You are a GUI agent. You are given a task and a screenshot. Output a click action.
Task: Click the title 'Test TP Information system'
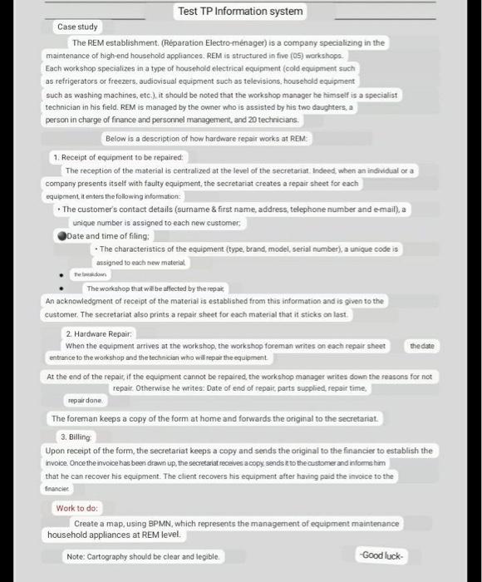[x=241, y=12]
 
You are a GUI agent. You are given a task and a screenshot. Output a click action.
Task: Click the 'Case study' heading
[x=77, y=27]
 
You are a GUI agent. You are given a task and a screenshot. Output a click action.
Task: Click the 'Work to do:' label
[x=77, y=508]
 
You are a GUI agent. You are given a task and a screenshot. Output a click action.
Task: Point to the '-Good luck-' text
[x=381, y=555]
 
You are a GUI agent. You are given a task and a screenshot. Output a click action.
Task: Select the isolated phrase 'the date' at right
[x=422, y=345]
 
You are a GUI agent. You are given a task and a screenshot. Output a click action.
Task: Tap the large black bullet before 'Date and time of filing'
[x=61, y=235]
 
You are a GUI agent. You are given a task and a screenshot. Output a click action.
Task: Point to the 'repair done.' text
[x=85, y=400]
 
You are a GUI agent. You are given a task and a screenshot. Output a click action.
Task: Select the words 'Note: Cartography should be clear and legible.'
[x=144, y=556]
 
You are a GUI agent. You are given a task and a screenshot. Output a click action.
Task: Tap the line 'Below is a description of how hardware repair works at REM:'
[x=206, y=138]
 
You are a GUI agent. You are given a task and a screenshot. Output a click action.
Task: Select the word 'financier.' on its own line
[x=61, y=490]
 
